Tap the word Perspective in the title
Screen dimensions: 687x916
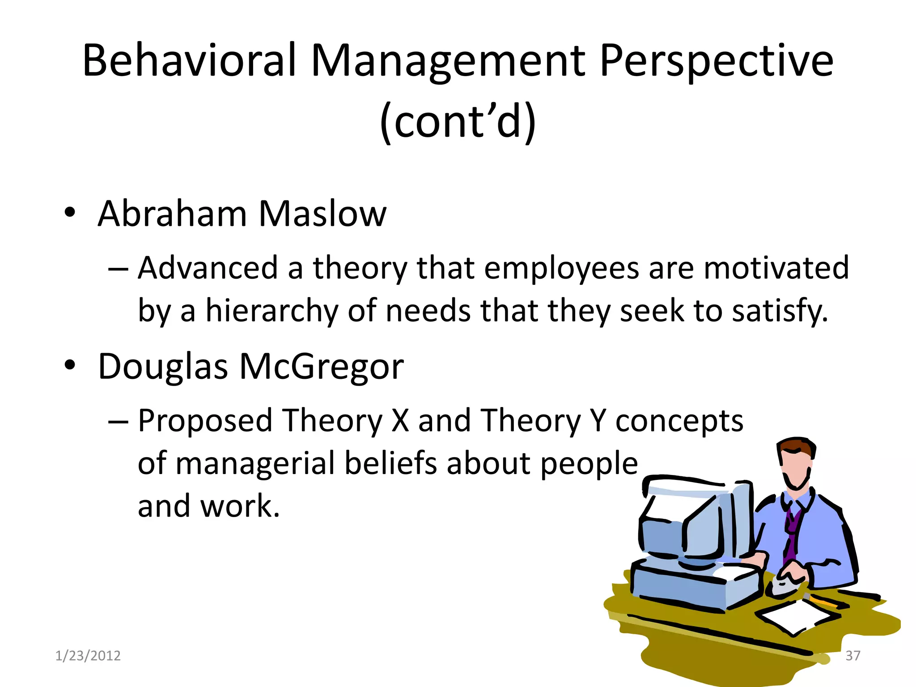pos(716,60)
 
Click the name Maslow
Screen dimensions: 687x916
pos(322,214)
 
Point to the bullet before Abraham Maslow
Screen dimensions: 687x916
pos(69,212)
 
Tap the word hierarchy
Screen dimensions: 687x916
pos(271,311)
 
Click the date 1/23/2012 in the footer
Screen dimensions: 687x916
pos(88,656)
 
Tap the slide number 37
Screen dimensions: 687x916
pos(852,656)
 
